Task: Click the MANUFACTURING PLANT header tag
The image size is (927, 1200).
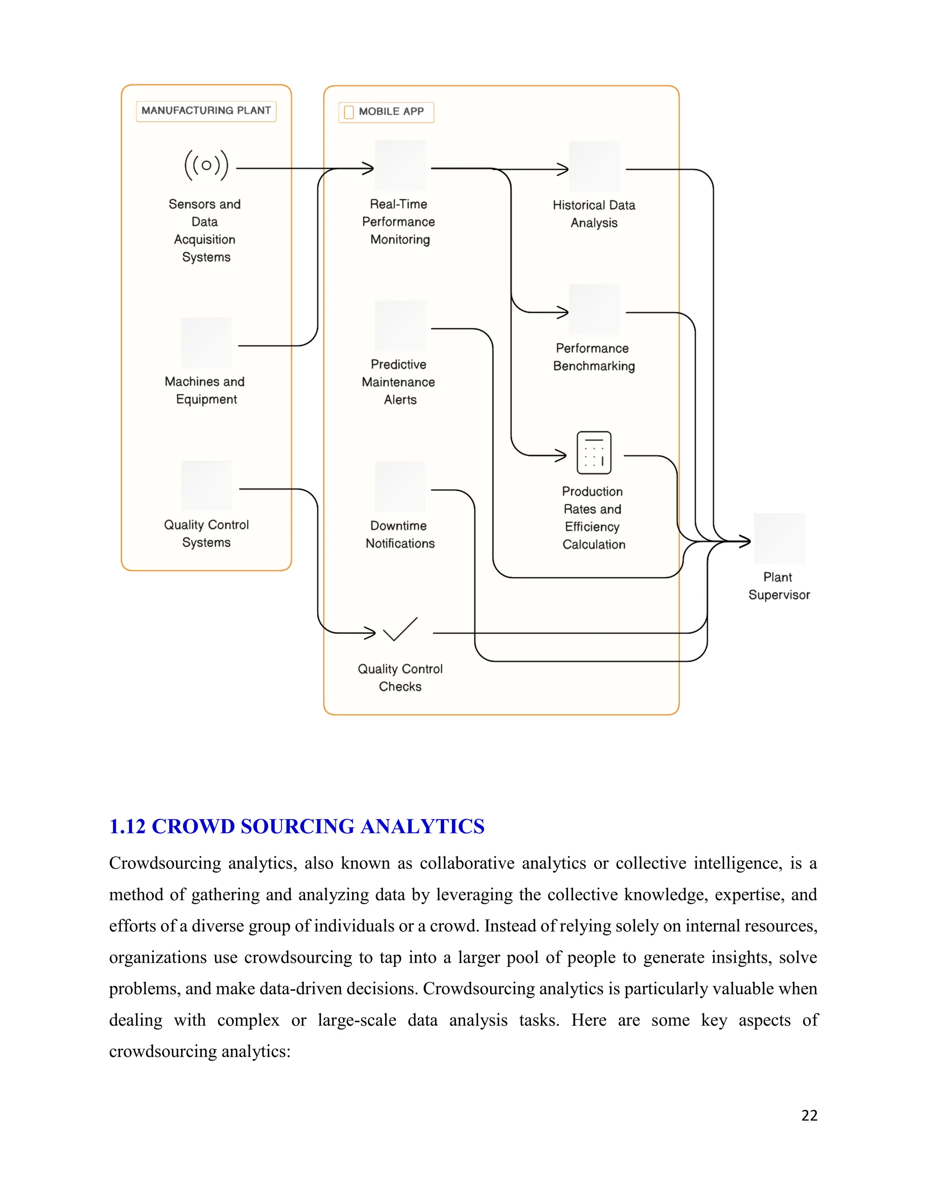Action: pos(206,110)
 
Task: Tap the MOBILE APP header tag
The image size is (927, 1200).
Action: pos(386,112)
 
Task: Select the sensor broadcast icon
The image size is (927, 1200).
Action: pos(206,165)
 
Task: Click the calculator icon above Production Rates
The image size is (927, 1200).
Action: pos(594,453)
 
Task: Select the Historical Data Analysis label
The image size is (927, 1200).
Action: pos(594,214)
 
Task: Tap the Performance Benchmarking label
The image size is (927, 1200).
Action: pos(594,357)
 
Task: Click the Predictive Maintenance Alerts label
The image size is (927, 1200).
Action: pos(399,382)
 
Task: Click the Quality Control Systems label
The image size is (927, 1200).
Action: pos(206,533)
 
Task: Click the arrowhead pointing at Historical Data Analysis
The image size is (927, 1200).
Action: pos(564,169)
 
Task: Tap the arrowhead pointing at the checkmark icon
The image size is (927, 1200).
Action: pos(371,633)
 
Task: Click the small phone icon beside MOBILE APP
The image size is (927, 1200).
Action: pos(349,112)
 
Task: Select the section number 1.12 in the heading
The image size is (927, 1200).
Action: pos(127,826)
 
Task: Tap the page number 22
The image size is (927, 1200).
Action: pos(809,1115)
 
